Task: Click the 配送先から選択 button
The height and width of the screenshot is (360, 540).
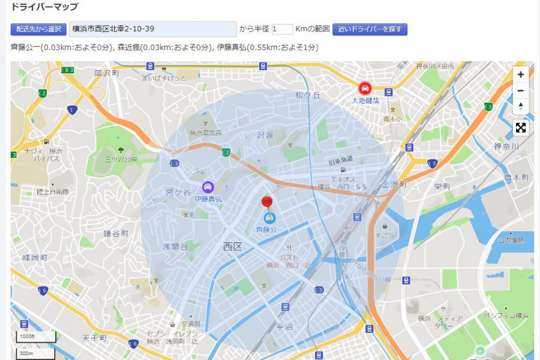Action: pos(38,29)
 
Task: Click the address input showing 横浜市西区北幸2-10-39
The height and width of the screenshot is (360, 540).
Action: pos(153,29)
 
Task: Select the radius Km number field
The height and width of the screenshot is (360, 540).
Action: pos(282,29)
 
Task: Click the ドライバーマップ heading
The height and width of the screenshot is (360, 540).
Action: pos(44,7)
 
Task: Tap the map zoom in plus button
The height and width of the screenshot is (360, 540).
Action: pos(520,75)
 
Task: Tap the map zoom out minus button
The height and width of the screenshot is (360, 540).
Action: pos(520,91)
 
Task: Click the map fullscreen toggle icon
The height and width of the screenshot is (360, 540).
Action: pos(521,128)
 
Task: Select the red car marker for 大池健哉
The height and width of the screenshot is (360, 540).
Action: pos(365,88)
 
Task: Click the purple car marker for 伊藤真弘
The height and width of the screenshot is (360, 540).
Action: pos(208,187)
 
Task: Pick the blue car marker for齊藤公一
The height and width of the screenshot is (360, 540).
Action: pos(269,217)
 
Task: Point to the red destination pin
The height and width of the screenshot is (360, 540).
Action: pos(268,202)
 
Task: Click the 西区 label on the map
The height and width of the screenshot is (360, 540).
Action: pos(232,247)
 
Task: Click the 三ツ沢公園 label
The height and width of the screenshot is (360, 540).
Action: pos(121,160)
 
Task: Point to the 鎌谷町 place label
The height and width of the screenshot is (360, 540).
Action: pos(116,233)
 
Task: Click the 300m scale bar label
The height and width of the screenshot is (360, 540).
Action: pos(26,353)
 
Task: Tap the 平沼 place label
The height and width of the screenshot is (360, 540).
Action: pos(284,326)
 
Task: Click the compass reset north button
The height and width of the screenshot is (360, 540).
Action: pos(520,106)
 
